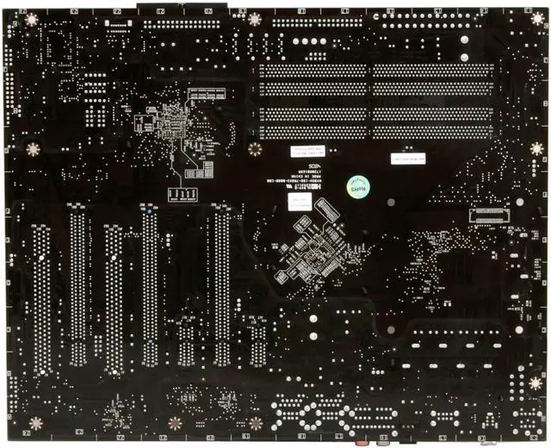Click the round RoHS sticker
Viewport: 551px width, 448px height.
(x=355, y=186)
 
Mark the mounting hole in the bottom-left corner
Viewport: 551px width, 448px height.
(x=35, y=423)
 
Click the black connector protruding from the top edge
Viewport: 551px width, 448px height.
(x=181, y=7)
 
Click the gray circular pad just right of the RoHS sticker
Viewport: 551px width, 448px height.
(x=390, y=203)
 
